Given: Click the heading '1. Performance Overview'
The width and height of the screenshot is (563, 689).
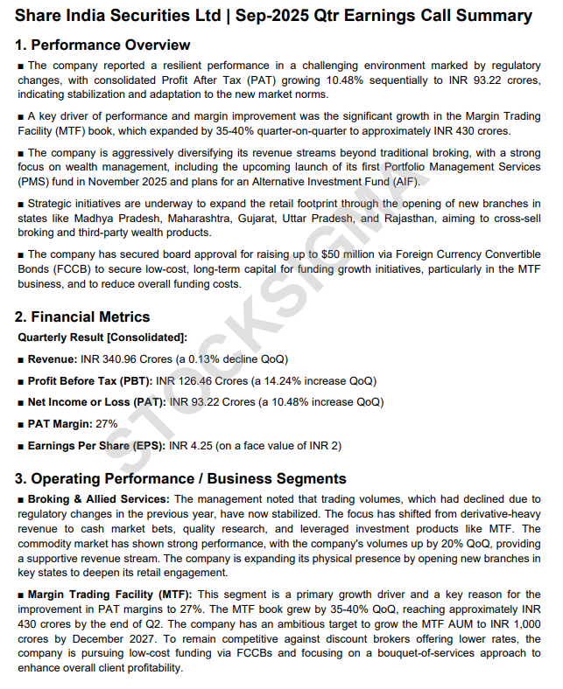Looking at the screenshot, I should pos(102,45).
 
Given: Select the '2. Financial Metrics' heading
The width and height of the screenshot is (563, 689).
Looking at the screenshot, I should pos(83,317).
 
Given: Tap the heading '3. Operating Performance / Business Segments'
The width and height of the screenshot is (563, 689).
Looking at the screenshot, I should pos(180,478).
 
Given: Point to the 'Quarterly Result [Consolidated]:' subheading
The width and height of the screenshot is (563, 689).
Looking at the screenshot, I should pos(102,337).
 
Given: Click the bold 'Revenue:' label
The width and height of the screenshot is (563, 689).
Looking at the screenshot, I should pos(52,358).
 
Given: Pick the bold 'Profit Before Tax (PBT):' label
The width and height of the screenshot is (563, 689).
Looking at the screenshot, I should pos(89,380).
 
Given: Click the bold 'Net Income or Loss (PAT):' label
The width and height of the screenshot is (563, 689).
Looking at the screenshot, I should pos(96,402).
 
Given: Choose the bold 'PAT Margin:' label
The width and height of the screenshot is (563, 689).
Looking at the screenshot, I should pos(60,424).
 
